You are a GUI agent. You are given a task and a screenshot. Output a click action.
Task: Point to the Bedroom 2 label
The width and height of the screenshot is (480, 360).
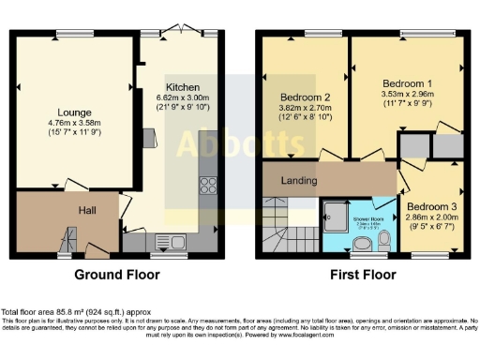point(305,97)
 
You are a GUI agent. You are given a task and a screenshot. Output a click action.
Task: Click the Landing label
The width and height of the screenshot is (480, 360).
point(300,180)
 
